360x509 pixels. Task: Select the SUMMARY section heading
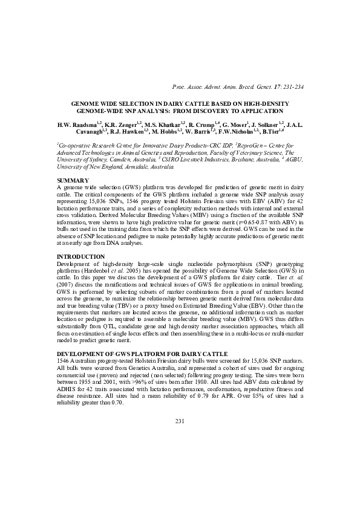point(73,181)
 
